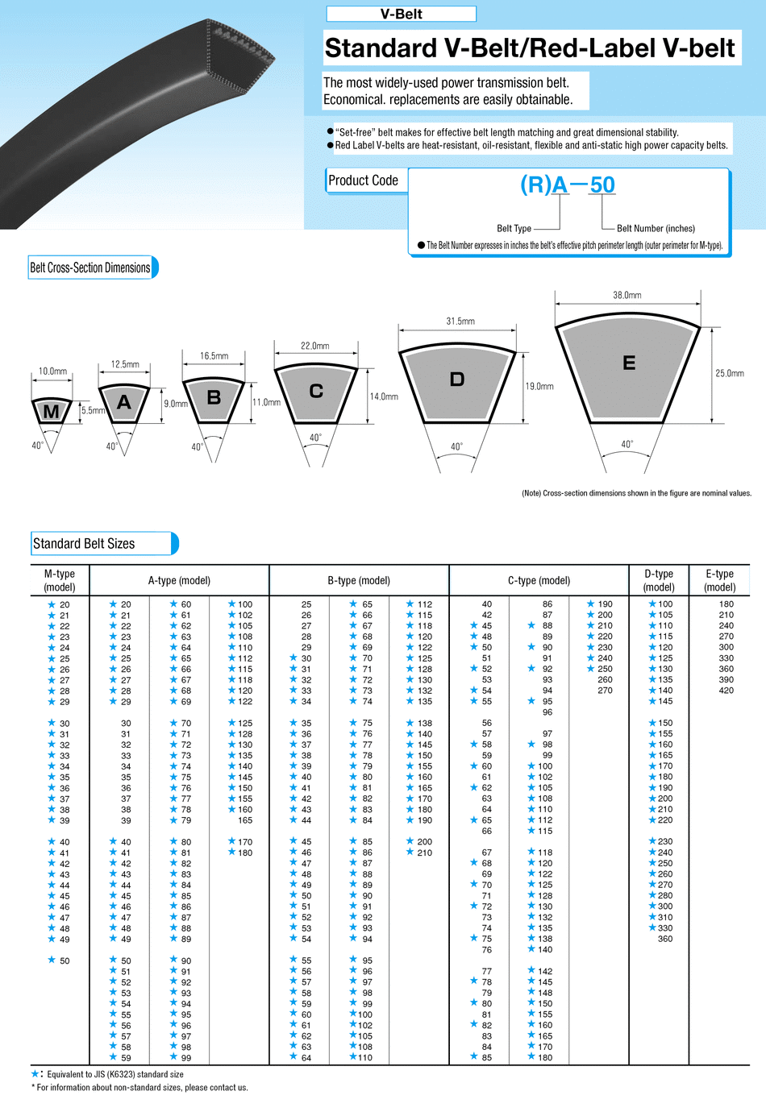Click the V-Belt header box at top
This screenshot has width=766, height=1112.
(401, 14)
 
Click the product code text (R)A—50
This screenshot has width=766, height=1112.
(568, 185)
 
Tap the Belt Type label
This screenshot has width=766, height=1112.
(514, 229)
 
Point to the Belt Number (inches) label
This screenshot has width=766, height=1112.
(656, 229)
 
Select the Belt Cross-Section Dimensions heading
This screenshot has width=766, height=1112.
(90, 268)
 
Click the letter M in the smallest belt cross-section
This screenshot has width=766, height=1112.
(51, 412)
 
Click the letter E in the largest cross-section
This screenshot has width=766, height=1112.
(629, 363)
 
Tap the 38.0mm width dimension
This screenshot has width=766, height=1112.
(627, 295)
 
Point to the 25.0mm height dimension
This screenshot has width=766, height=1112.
(730, 373)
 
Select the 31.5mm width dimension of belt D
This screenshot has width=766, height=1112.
(460, 321)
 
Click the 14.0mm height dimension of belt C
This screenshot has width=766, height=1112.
(384, 396)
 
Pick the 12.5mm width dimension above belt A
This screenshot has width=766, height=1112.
(125, 364)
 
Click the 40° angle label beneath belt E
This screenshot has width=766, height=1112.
(627, 444)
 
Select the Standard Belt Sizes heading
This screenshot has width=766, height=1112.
(84, 544)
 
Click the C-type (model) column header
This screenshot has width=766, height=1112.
(539, 580)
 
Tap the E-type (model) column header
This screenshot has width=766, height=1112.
(719, 580)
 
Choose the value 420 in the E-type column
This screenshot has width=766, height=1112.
(726, 691)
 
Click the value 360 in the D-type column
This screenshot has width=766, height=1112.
(664, 939)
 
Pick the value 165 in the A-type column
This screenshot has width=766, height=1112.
(245, 820)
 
